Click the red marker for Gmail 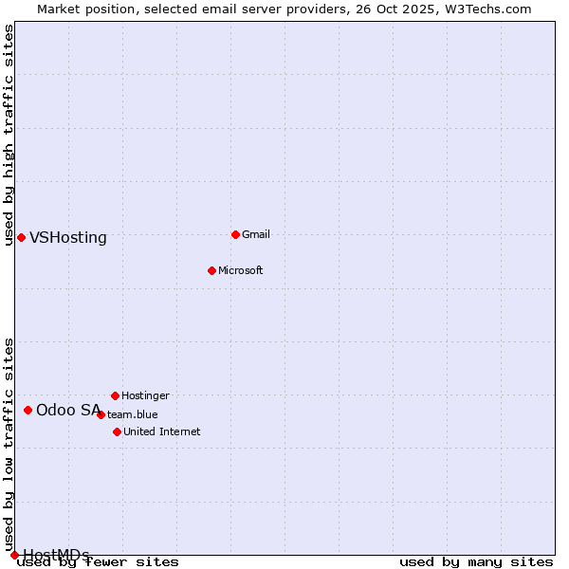pyautogui.click(x=235, y=234)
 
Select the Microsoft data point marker pyautogui.click(x=211, y=270)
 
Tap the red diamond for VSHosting pyautogui.click(x=21, y=237)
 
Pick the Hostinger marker pyautogui.click(x=115, y=395)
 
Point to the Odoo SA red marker pyautogui.click(x=28, y=410)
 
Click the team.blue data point pyautogui.click(x=101, y=414)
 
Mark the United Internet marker pyautogui.click(x=117, y=431)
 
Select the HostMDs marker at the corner pyautogui.click(x=14, y=555)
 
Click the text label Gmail pyautogui.click(x=256, y=234)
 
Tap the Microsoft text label pyautogui.click(x=240, y=270)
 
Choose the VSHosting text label pyautogui.click(x=68, y=238)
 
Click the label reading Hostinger pyautogui.click(x=145, y=395)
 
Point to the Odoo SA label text pyautogui.click(x=68, y=411)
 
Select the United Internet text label pyautogui.click(x=161, y=431)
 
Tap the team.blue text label pyautogui.click(x=133, y=414)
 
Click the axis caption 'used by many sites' pyautogui.click(x=476, y=562)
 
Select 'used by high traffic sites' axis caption pyautogui.click(x=9, y=135)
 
